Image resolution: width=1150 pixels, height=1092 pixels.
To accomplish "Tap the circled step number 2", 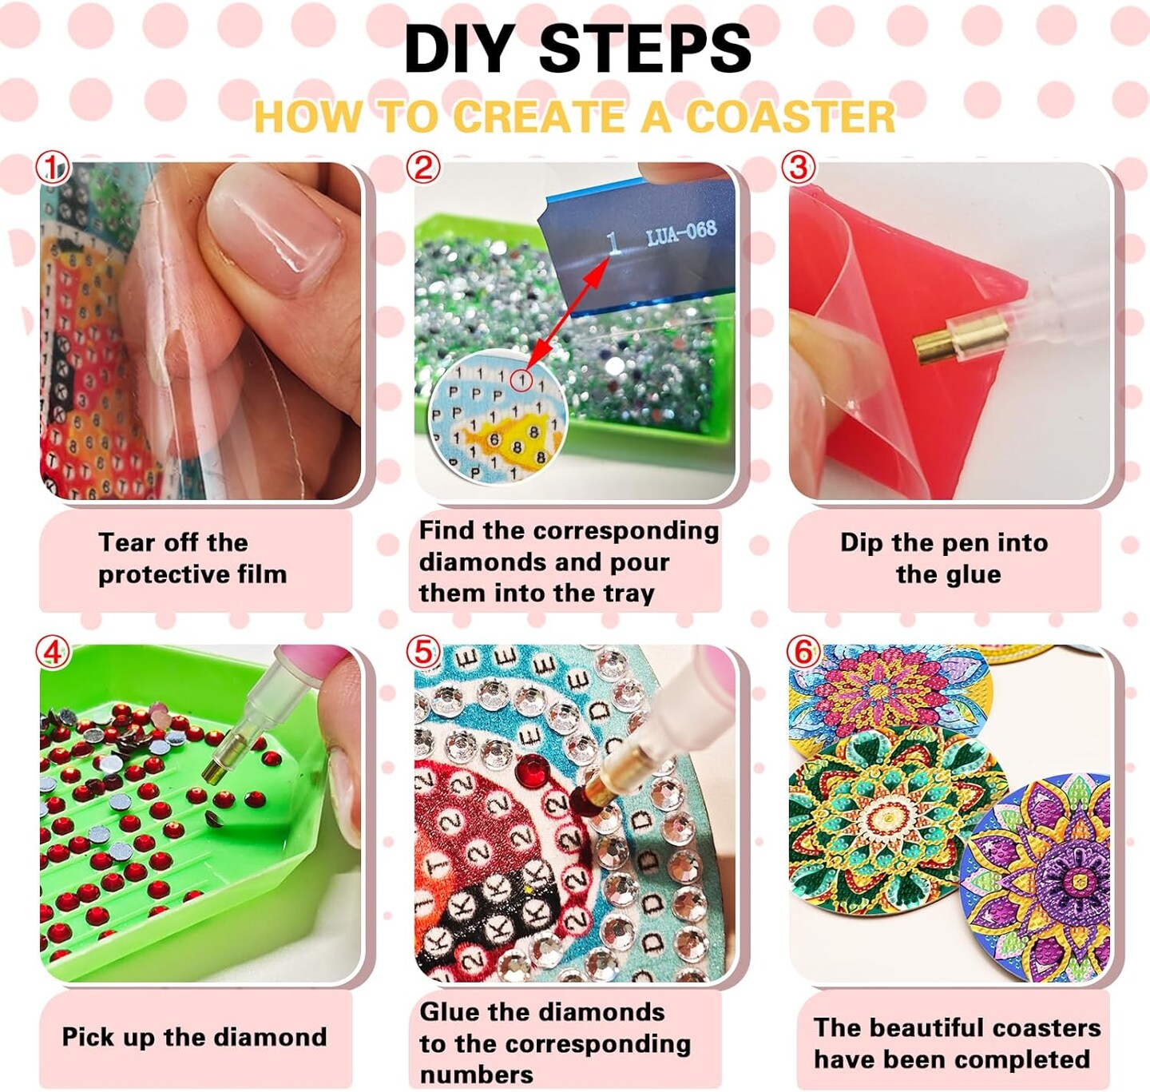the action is (x=423, y=168).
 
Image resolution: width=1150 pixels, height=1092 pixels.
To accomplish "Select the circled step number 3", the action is (x=799, y=169).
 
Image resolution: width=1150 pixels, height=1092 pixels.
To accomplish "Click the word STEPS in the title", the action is (x=644, y=50).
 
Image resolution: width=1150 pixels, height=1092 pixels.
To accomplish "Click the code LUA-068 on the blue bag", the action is (x=681, y=233).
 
